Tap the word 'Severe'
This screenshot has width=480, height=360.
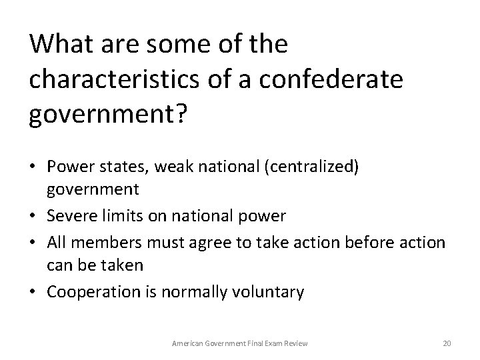coord(70,216)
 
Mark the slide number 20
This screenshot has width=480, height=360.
coord(447,343)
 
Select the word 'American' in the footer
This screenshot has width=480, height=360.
coord(188,343)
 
